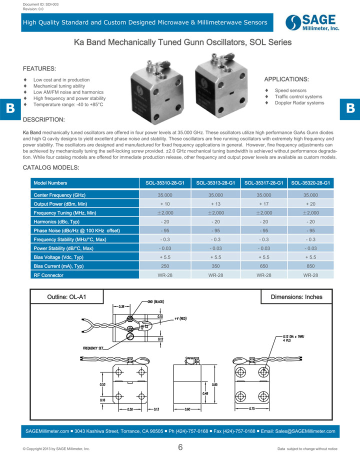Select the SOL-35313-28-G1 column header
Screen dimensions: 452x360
click(215, 183)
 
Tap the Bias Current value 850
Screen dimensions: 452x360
click(310, 266)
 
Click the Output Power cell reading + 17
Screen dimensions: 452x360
click(263, 204)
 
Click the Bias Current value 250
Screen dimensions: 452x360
click(165, 266)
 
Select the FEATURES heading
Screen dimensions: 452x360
click(39, 68)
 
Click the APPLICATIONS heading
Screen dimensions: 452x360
click(286, 79)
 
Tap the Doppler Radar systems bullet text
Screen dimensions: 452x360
click(299, 103)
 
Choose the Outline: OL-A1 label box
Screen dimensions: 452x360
click(66, 297)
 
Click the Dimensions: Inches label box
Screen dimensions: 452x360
click(296, 297)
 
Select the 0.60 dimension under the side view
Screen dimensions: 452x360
click(188, 409)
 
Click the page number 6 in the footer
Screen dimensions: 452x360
click(180, 447)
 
